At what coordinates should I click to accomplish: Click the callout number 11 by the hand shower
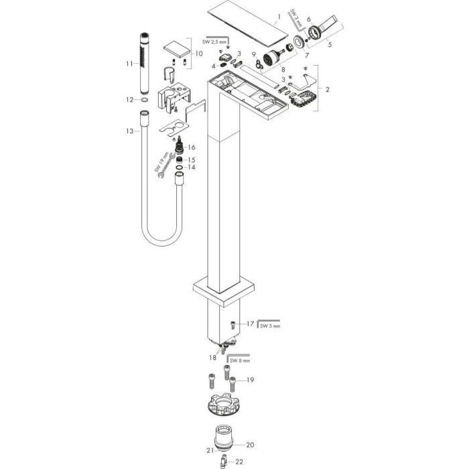(129, 64)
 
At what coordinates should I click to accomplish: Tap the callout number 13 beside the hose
(129, 131)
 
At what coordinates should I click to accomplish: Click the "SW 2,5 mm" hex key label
(215, 42)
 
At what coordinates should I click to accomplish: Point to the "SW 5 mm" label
(270, 326)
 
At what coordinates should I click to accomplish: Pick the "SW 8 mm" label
(240, 360)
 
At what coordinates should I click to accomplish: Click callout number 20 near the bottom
(250, 445)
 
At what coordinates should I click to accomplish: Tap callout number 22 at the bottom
(239, 462)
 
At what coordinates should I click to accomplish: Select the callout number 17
(250, 324)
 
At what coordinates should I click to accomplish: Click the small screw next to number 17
(233, 324)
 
